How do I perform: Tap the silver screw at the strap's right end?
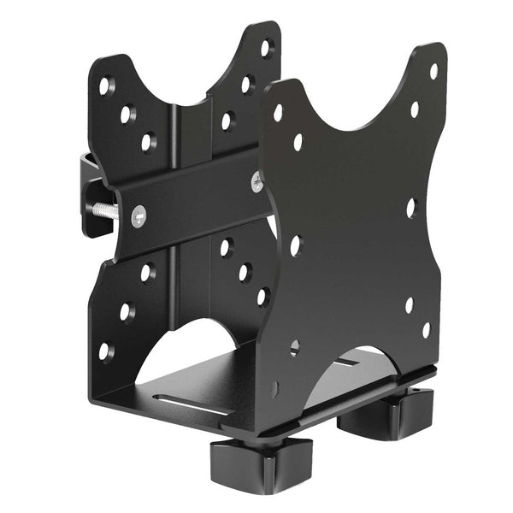tap(256, 182)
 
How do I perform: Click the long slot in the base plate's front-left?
tap(198, 400)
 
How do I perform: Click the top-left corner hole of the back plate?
tap(105, 85)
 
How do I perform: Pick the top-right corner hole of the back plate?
tap(265, 47)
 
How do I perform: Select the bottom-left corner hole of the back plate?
tap(104, 351)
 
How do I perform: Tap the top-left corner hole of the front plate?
tap(278, 112)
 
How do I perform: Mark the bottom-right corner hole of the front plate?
tap(426, 329)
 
